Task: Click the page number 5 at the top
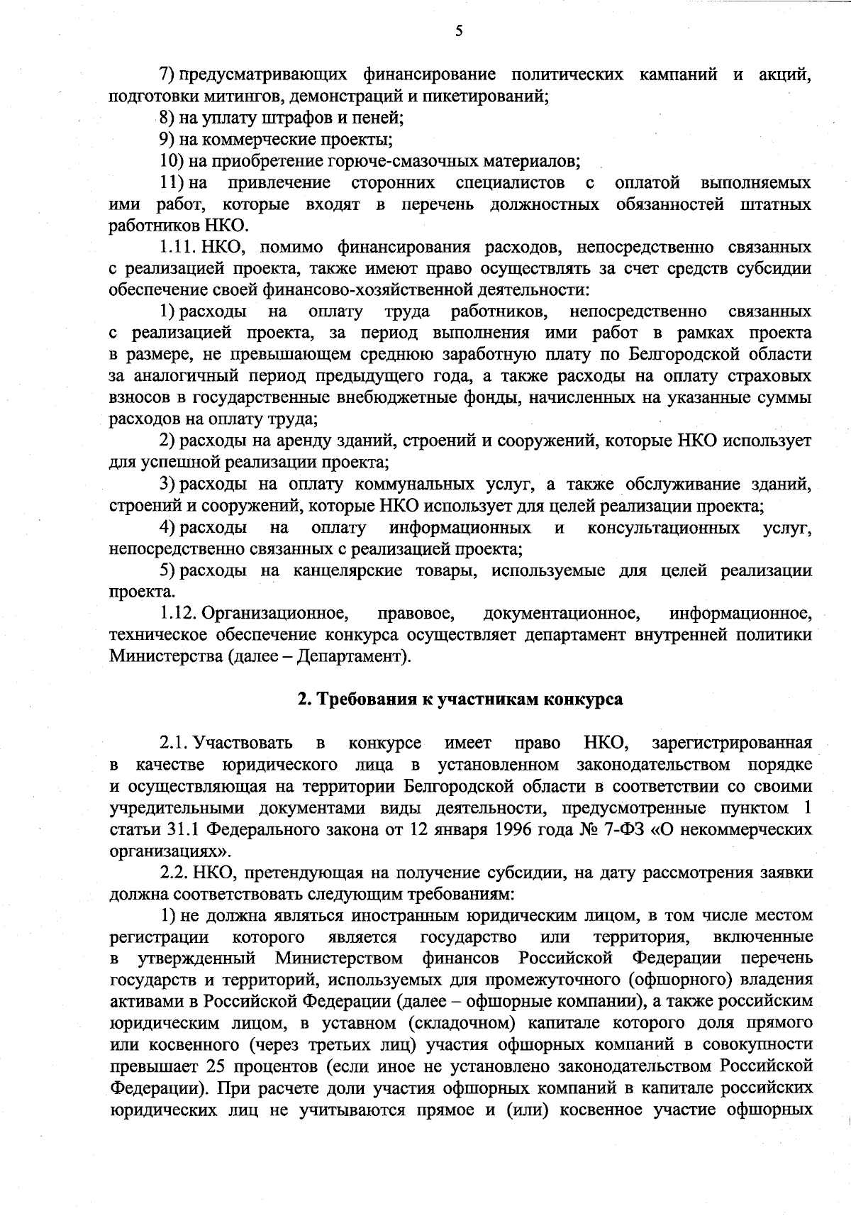coord(460,31)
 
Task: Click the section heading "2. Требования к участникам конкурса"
coord(460,700)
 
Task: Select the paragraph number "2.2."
coord(177,873)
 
